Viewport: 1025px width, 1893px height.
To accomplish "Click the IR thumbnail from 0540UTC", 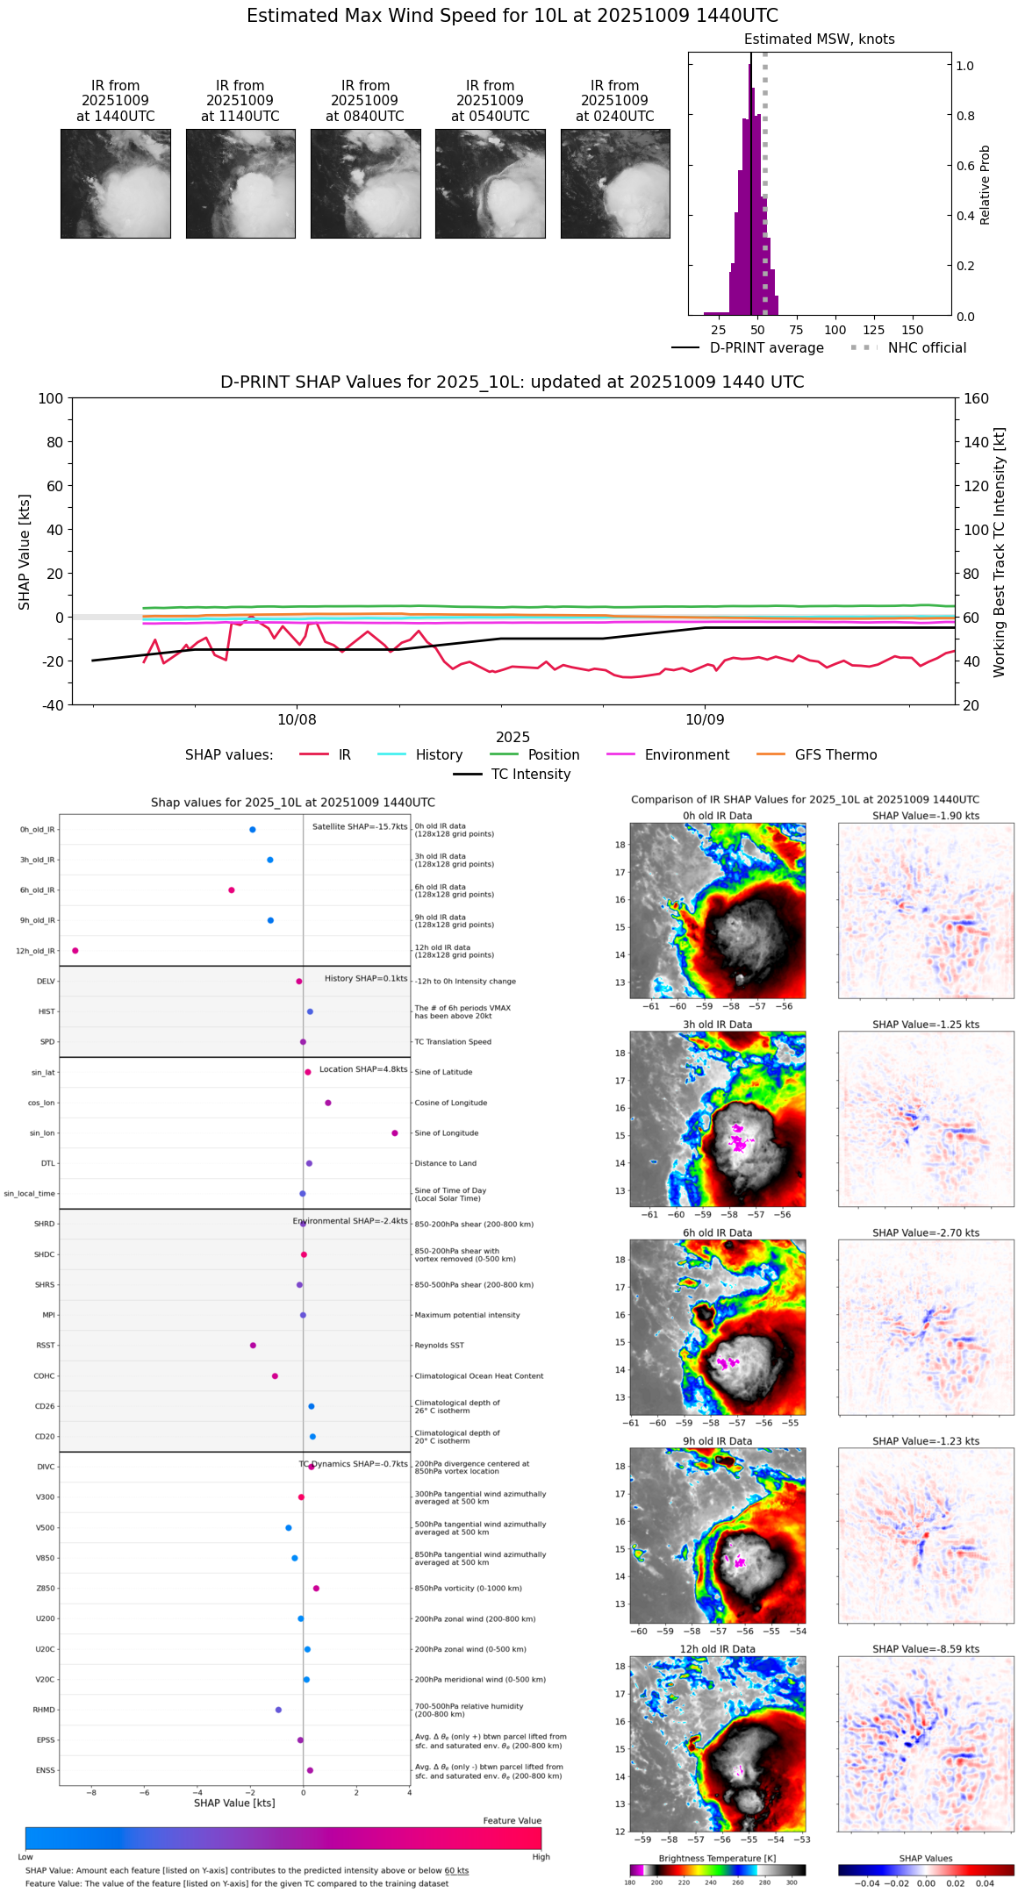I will [490, 183].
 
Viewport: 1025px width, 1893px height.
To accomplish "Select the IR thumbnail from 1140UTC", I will [240, 183].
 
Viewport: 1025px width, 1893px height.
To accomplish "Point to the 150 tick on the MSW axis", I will [913, 330].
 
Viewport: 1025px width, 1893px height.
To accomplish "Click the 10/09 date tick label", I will [705, 720].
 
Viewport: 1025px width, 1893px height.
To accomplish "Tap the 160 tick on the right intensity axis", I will [976, 398].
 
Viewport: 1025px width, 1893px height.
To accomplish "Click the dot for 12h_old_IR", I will [75, 951].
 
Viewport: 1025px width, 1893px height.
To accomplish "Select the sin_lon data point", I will [395, 1133].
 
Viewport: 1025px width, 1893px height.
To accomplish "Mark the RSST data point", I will [253, 1346].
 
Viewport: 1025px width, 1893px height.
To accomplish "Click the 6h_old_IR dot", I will [232, 890].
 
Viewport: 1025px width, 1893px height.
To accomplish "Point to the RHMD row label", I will [44, 1710].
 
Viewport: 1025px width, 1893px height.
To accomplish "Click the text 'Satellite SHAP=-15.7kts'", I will [360, 827].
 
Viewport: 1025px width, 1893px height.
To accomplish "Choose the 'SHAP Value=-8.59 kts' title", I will [926, 1649].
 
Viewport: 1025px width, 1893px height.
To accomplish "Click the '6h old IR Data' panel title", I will [717, 1232].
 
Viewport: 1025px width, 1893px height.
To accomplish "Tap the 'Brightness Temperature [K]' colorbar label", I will [717, 1858].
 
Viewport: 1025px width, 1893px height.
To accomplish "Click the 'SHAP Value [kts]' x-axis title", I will [234, 1803].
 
